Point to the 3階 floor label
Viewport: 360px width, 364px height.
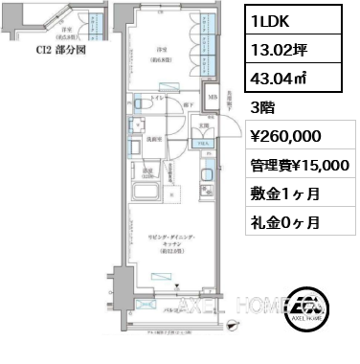pos(263,108)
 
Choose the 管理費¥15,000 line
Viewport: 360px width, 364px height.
pos(299,165)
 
